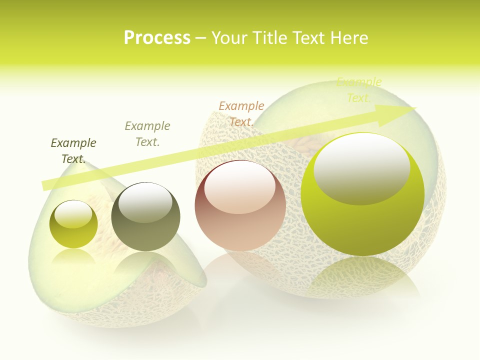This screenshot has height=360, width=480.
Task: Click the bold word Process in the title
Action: pos(157,38)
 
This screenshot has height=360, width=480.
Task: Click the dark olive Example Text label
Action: pos(73,150)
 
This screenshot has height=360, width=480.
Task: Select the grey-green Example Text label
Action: pos(147,133)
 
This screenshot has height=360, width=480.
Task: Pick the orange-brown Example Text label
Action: pos(241,113)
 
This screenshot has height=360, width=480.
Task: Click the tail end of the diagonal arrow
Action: pos(46,184)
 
